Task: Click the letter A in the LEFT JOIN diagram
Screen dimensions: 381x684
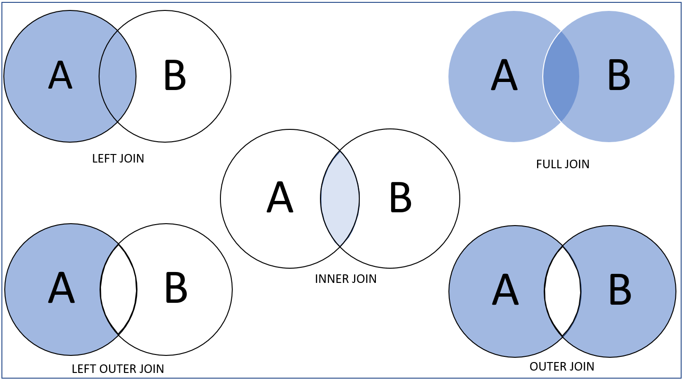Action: [x=60, y=75]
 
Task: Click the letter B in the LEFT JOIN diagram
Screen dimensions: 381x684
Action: [x=174, y=75]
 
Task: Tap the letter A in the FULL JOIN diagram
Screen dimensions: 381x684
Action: [x=504, y=75]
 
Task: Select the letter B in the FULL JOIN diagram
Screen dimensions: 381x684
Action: [x=619, y=75]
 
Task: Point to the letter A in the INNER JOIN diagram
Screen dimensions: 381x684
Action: [x=280, y=198]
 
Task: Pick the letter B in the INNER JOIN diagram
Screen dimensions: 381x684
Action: [x=400, y=198]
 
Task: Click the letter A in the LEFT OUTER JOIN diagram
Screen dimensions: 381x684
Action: [x=61, y=288]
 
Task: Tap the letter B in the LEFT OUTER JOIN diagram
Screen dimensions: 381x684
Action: [x=175, y=288]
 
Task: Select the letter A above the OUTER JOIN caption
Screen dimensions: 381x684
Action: [x=505, y=290]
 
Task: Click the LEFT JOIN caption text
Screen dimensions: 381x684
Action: [x=118, y=158]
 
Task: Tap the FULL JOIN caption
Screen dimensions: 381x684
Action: [x=562, y=164]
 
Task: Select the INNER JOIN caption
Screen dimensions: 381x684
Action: [x=346, y=279]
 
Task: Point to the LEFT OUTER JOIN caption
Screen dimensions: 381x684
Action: [x=118, y=369]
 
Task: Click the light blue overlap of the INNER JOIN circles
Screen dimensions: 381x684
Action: [x=340, y=199]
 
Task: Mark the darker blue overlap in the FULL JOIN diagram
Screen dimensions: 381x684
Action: [x=561, y=76]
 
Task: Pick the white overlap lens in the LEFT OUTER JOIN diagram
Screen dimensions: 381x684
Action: [x=119, y=289]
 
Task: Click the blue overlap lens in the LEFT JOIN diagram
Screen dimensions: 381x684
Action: [x=118, y=76]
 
